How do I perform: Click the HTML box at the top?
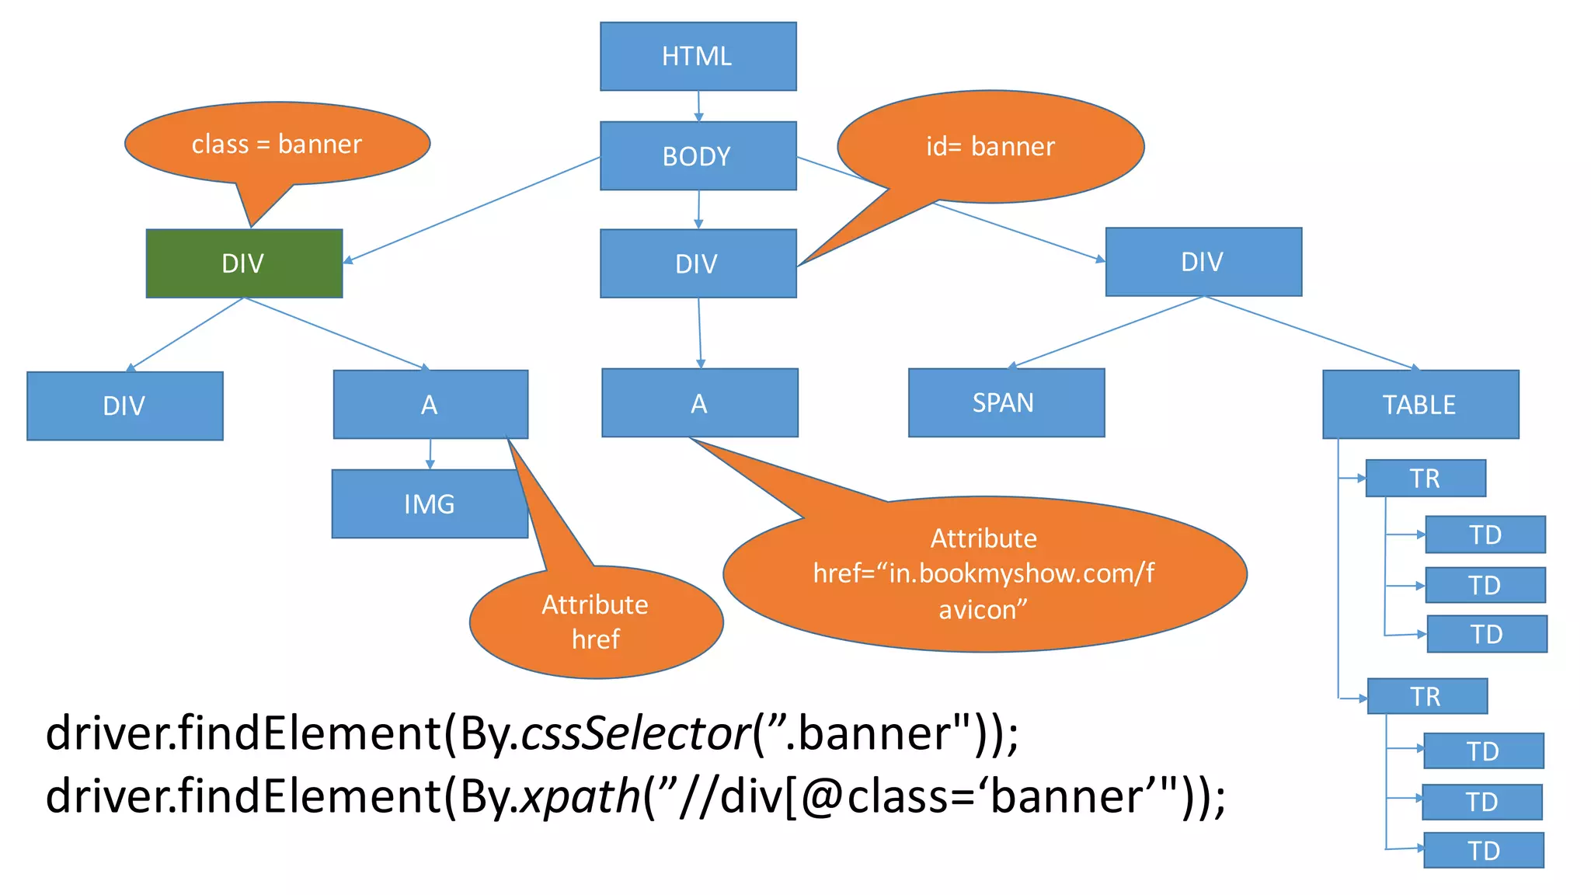tap(698, 56)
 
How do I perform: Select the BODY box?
tap(698, 155)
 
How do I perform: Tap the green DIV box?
tap(244, 263)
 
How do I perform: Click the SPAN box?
tap(1006, 402)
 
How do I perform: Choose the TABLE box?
tap(1420, 404)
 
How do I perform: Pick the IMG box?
tap(430, 503)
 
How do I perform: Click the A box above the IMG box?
tap(430, 404)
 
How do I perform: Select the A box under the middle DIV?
tap(699, 402)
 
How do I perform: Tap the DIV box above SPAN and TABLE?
tap(1203, 262)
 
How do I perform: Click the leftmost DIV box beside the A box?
tap(124, 406)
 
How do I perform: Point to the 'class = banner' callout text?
tap(277, 144)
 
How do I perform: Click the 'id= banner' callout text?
tap(990, 146)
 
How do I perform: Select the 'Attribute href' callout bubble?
tap(596, 622)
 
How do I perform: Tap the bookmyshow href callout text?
tap(983, 573)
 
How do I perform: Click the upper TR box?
tap(1426, 478)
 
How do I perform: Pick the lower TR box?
tap(1426, 696)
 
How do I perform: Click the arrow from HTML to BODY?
tap(698, 106)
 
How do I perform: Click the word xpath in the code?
tap(580, 796)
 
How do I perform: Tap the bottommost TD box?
tap(1484, 850)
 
